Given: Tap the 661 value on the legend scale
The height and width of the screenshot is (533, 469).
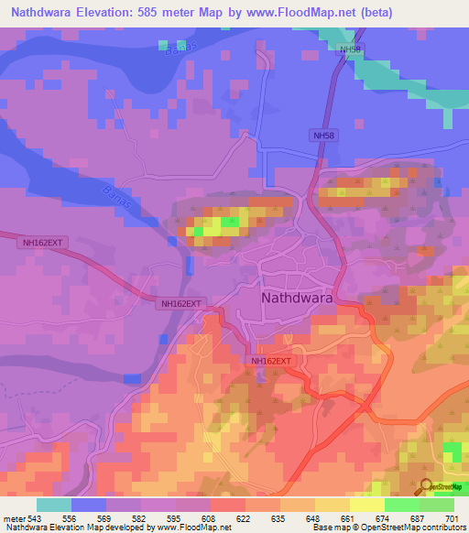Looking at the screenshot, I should (349, 519).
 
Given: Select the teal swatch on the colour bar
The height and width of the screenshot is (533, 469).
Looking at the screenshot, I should (54, 505).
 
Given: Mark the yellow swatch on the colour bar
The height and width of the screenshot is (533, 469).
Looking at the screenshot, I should (367, 505).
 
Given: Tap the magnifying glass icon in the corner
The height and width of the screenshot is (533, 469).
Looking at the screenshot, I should (426, 485).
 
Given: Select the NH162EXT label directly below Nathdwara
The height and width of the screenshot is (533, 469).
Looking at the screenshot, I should (270, 362).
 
